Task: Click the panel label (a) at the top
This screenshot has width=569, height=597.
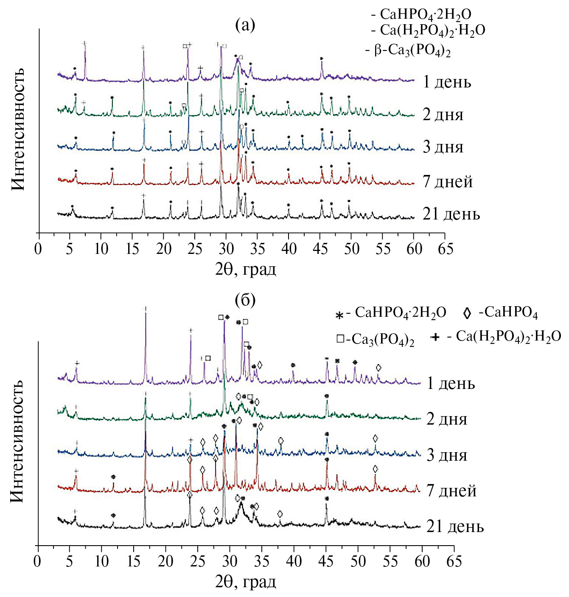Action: coord(245,25)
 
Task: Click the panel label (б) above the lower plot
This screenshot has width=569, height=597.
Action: coord(245,300)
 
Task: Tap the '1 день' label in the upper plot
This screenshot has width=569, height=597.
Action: coord(447,82)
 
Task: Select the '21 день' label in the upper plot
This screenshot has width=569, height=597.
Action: coord(451,214)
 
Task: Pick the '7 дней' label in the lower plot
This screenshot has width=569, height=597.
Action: coord(451,490)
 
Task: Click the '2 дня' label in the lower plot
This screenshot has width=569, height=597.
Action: coord(447,419)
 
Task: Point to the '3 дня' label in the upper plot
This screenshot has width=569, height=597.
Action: coord(443,147)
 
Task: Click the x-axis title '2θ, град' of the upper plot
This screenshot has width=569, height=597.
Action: coord(246,269)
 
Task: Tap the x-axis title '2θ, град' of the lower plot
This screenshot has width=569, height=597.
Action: coord(246,581)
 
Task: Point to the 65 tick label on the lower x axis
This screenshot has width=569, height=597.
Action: coord(454,561)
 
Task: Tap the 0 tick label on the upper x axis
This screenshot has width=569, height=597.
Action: coord(39,249)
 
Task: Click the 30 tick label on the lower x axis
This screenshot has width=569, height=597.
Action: coord(230,561)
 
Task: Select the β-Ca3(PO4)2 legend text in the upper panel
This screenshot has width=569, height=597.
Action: coord(412,51)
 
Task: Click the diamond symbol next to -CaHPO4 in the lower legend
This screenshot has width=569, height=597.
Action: coord(467,313)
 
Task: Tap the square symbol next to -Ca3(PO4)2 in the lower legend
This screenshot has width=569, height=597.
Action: coord(340,339)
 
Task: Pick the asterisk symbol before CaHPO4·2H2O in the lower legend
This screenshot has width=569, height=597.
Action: coord(339,315)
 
